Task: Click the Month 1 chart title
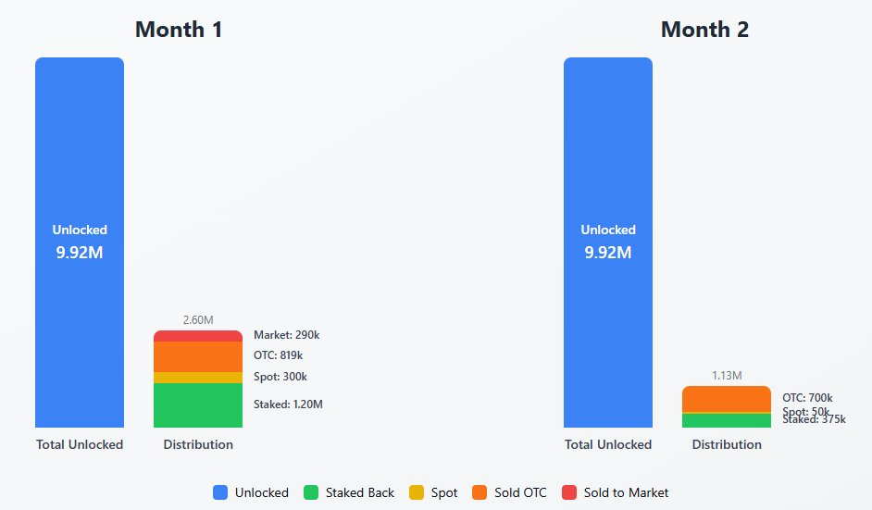(x=179, y=30)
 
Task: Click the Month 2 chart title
(x=704, y=30)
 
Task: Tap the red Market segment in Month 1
(x=198, y=336)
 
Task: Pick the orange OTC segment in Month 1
(x=198, y=356)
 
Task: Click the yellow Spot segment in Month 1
(x=198, y=378)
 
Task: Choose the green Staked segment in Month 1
(x=198, y=405)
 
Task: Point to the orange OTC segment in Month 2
(x=727, y=398)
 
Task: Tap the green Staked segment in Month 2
(x=727, y=420)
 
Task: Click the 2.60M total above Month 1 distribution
(x=198, y=320)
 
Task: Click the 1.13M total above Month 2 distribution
(x=727, y=376)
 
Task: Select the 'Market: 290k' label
(x=286, y=335)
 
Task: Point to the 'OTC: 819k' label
(x=279, y=355)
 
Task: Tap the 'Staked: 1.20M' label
(x=288, y=404)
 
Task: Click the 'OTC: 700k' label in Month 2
(x=807, y=398)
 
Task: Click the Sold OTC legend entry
(x=509, y=492)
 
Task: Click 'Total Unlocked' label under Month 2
(x=608, y=444)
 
